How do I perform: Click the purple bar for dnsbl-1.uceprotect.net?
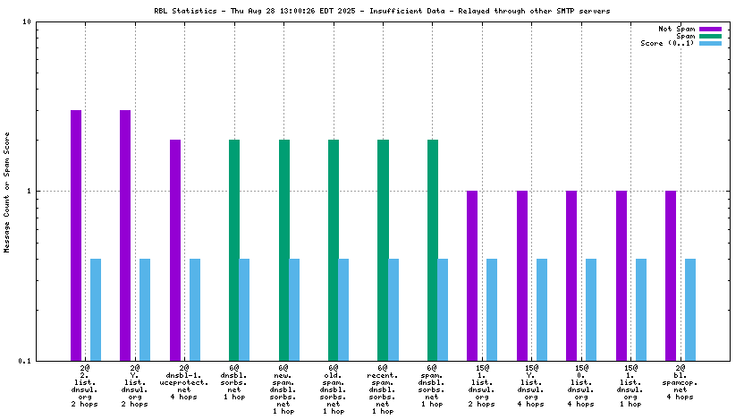[175, 250]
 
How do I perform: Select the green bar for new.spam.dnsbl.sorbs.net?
[284, 250]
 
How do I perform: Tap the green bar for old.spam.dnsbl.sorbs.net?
[334, 250]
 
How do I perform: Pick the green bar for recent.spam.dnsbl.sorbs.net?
[383, 250]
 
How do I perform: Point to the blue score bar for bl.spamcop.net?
[689, 309]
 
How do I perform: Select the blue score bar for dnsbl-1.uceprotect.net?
[195, 309]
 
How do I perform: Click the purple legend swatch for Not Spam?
[710, 29]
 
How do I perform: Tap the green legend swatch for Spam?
[710, 36]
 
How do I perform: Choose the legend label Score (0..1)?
[667, 43]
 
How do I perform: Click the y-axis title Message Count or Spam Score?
[8, 192]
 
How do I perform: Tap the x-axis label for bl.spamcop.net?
[681, 385]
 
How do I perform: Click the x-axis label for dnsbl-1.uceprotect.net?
[185, 385]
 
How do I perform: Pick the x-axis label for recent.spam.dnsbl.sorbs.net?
[383, 389]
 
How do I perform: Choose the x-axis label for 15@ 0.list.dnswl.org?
[582, 385]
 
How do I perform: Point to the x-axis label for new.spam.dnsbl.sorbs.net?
[283, 389]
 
